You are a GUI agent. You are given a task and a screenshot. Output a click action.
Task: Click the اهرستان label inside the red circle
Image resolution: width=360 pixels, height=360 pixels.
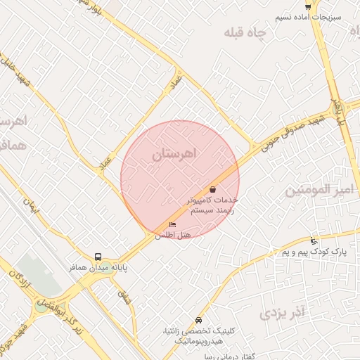(175, 153)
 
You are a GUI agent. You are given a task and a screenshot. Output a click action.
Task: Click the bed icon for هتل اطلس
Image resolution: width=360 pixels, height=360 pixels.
(172, 224)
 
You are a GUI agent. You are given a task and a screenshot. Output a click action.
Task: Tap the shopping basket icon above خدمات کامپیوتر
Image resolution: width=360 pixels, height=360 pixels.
(212, 189)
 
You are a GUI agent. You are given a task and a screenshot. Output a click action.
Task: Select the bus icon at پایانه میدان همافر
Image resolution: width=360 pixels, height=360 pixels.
(98, 257)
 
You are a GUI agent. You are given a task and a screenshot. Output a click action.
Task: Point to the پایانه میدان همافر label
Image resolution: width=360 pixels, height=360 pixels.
(72, 268)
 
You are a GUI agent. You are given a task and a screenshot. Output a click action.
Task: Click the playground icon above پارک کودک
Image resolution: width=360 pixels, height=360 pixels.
(314, 240)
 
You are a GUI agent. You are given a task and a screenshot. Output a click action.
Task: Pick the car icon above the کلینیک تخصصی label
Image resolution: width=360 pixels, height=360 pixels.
(199, 320)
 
